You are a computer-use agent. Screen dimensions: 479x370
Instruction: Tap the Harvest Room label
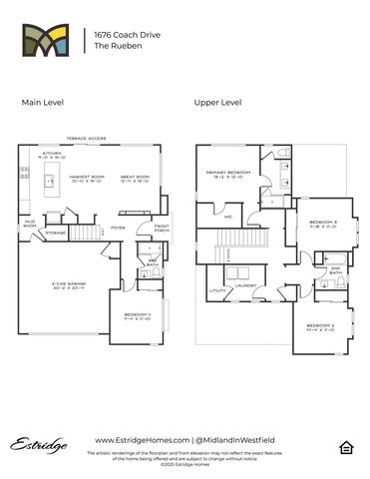pos(90,181)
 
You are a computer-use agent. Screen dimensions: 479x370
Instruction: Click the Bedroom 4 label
pos(137,316)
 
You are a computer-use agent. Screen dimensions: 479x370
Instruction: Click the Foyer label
pos(118,228)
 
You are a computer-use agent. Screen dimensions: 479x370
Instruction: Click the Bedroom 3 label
pos(322,224)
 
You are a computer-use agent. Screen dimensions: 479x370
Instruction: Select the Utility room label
pos(215,291)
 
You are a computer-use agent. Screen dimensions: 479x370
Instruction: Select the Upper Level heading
pos(218,102)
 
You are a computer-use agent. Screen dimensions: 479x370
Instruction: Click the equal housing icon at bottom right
pos(345,445)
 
